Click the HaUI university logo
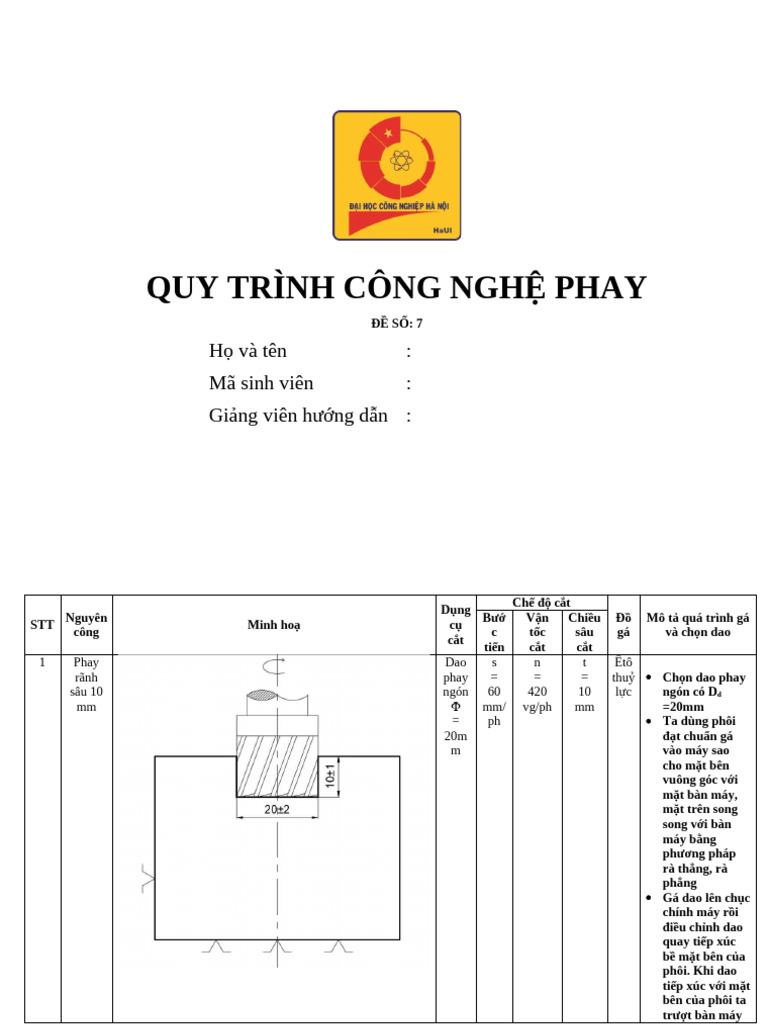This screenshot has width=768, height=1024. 397,175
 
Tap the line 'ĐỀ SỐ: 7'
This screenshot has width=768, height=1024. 397,323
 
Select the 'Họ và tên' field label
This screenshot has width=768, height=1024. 248,351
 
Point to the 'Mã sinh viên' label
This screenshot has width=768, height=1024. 261,383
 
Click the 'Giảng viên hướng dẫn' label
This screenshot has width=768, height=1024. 298,416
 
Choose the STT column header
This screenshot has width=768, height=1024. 42,625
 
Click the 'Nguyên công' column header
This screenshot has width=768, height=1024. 86,625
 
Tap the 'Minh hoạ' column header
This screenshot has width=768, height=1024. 274,625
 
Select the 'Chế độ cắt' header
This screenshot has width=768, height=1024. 541,603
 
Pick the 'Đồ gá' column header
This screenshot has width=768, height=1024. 623,625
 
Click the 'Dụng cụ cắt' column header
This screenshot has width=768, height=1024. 456,625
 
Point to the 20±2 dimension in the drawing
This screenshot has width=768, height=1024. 277,809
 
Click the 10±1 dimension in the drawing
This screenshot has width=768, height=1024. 331,775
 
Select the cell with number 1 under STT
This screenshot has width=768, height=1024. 42,662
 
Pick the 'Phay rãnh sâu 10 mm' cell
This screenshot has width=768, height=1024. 86,684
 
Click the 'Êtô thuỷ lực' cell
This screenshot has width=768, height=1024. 623,677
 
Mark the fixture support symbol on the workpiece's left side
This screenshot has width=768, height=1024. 148,880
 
